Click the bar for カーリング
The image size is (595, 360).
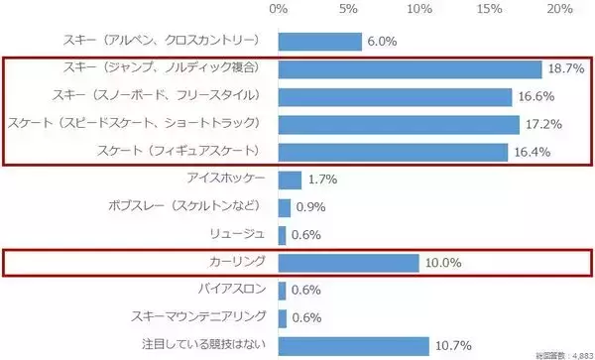(x=348, y=263)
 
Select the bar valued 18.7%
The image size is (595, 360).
(x=410, y=68)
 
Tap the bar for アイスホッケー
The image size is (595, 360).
(x=290, y=180)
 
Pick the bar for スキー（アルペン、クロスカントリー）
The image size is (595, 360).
(x=319, y=41)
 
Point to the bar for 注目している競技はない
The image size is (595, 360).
(x=353, y=345)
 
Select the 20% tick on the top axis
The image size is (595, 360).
(x=560, y=9)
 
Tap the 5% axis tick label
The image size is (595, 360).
(x=349, y=9)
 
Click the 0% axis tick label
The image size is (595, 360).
(x=279, y=9)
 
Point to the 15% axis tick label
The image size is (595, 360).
(x=490, y=9)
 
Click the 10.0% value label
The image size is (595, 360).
(x=442, y=263)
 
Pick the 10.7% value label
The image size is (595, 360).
(x=452, y=345)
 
